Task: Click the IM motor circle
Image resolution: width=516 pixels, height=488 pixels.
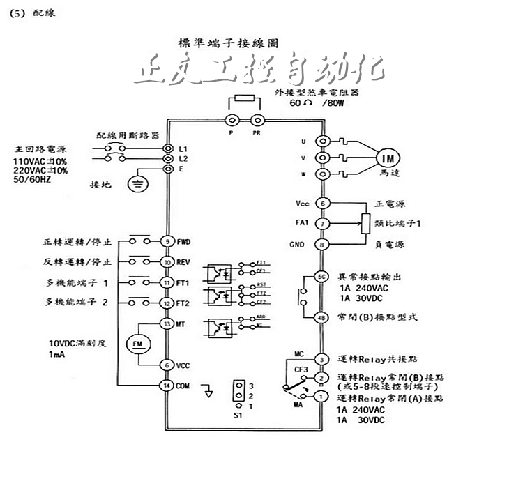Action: coord(386,158)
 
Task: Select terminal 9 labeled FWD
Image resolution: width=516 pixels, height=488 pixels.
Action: coord(167,241)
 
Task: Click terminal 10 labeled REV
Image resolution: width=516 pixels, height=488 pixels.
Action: coord(167,262)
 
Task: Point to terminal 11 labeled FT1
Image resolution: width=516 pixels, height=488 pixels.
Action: coord(167,283)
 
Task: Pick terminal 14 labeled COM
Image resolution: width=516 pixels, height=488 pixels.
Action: coord(167,385)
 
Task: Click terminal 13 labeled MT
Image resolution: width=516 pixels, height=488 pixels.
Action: coord(167,323)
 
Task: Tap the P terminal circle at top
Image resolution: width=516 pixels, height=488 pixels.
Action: coord(232,120)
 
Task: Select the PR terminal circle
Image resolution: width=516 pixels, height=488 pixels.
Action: coord(257,120)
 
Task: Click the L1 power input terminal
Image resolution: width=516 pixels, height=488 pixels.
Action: coord(167,149)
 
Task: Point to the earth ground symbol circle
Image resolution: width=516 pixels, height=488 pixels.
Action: coord(138,185)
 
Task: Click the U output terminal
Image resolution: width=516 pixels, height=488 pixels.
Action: coord(322,142)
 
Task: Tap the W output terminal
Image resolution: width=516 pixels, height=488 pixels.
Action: coord(322,174)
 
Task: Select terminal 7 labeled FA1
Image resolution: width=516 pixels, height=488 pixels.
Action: coord(322,224)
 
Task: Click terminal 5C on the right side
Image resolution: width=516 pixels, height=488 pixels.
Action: coord(322,276)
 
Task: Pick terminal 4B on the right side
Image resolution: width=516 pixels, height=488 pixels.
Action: coord(322,317)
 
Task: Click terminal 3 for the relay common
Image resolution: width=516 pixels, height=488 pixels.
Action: coord(322,359)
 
